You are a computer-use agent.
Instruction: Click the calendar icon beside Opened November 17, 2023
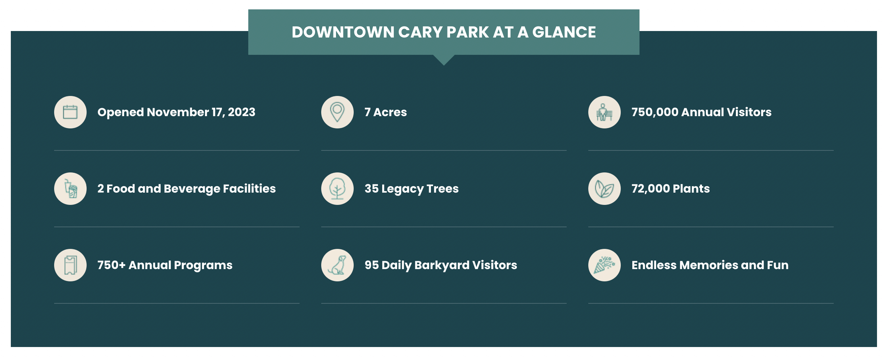[x=70, y=112]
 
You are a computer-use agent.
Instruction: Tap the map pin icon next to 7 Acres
[x=337, y=112]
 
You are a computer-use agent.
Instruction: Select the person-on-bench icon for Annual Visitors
[x=605, y=112]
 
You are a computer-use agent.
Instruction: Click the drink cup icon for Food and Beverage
[x=70, y=189]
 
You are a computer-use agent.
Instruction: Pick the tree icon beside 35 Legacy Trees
[x=337, y=189]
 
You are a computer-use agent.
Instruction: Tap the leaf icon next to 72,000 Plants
[x=605, y=189]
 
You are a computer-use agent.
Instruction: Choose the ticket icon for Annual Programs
[x=70, y=265]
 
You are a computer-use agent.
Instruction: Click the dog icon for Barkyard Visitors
[x=337, y=265]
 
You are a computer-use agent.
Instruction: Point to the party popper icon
[x=605, y=265]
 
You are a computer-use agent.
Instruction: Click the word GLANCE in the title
[x=564, y=32]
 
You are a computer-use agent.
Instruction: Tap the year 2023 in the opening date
[x=241, y=112]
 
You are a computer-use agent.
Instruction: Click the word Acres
[x=390, y=112]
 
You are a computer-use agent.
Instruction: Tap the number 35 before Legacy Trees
[x=371, y=189]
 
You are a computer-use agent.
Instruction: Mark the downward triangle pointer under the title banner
[x=444, y=60]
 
